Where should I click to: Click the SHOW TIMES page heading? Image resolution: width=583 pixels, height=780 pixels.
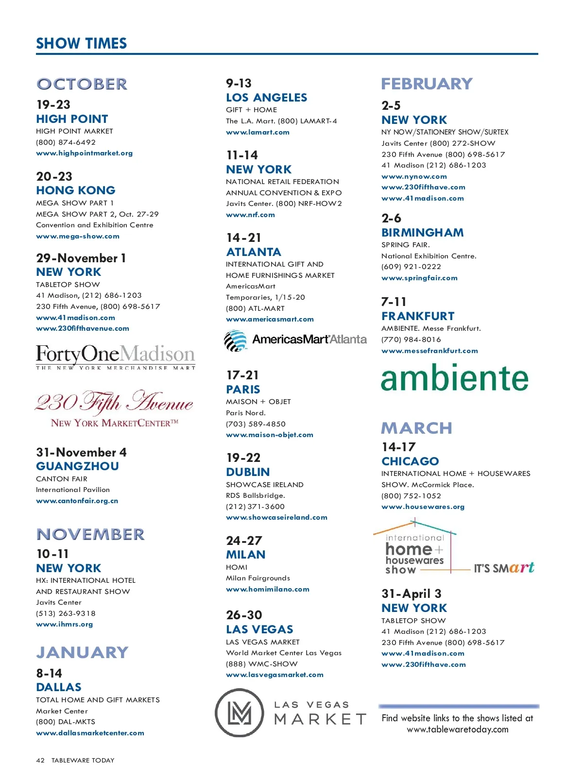[x=81, y=44]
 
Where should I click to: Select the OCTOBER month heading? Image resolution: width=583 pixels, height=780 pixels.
[x=82, y=84]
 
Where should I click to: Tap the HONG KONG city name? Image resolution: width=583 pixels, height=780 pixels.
[x=76, y=190]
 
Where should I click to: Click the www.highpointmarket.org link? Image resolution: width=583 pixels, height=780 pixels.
[x=84, y=153]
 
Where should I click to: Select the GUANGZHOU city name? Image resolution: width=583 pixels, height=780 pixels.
[x=77, y=466]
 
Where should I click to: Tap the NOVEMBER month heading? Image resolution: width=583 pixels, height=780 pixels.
[x=90, y=534]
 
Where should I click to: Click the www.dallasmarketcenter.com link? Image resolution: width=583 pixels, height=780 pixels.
[x=90, y=733]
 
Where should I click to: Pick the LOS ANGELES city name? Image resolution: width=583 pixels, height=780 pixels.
[x=266, y=98]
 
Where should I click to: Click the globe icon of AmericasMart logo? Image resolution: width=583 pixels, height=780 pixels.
[x=236, y=340]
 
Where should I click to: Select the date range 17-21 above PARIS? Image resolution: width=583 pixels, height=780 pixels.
[x=242, y=375]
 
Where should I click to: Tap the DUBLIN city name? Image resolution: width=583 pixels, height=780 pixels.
[x=248, y=472]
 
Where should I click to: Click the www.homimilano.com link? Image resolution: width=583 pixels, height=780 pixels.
[x=267, y=590]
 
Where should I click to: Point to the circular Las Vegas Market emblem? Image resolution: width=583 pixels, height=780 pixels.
[x=240, y=712]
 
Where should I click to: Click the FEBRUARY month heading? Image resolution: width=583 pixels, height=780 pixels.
[x=427, y=84]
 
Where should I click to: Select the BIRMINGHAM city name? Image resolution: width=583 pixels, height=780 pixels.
[x=422, y=233]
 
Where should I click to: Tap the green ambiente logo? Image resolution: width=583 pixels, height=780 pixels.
[x=454, y=378]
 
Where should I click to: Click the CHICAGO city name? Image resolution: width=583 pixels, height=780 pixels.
[x=410, y=461]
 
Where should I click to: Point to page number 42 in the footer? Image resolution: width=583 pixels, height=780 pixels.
[x=40, y=761]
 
